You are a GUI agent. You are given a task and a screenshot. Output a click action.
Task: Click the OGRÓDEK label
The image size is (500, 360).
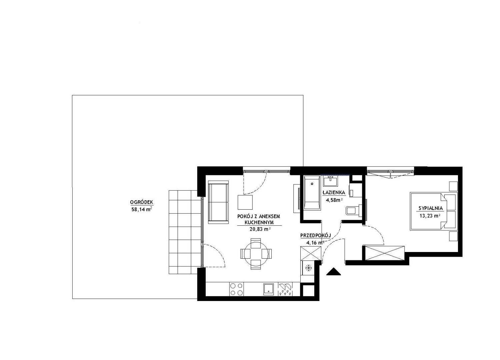click(x=142, y=202)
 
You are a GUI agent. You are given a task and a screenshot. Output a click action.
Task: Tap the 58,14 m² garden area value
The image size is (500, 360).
click(x=142, y=209)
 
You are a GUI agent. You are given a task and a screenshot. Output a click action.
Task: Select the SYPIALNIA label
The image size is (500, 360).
click(x=431, y=208)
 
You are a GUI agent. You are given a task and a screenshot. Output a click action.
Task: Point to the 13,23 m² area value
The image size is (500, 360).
click(x=430, y=216)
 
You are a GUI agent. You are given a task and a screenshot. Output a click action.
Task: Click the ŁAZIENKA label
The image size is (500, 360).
click(x=334, y=192)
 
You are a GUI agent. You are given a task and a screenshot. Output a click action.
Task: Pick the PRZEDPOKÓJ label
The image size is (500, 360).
click(x=315, y=235)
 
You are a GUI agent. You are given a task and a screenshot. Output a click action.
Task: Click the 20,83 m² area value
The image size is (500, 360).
click(x=260, y=229)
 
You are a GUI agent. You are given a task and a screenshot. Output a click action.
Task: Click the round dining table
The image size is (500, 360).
click(x=256, y=254)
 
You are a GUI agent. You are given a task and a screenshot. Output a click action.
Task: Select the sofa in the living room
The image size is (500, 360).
click(x=218, y=202)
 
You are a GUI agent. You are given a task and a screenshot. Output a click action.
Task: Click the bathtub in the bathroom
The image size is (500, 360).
click(x=312, y=193)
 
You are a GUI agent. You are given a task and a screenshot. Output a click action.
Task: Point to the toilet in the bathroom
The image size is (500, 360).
click(x=354, y=210)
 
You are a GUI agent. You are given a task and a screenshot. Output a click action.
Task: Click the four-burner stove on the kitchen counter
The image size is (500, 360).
click(x=236, y=289)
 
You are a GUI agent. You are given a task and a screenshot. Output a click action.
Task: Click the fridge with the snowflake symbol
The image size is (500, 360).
click(x=308, y=268)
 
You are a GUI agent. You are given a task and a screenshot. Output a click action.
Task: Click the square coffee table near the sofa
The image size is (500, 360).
click(x=245, y=202)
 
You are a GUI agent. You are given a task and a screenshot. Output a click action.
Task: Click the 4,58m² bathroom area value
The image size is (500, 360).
click(x=334, y=200)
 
